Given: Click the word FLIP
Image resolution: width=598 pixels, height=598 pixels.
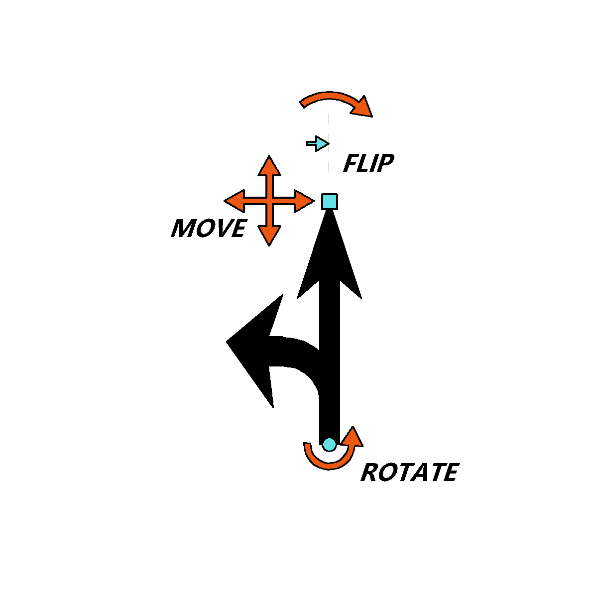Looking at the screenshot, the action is tap(368, 163).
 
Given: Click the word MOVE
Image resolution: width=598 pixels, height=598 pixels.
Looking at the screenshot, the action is tap(209, 228).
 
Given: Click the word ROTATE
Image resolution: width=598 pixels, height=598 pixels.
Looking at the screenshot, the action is tap(410, 472).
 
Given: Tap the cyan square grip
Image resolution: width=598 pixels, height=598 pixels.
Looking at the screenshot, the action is tap(329, 201).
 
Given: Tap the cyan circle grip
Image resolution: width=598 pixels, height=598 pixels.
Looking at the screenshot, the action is tap(329, 444).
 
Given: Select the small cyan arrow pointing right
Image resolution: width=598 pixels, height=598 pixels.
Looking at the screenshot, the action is tap(318, 143).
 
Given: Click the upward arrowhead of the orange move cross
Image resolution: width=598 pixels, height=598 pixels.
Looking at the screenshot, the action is tap(269, 166).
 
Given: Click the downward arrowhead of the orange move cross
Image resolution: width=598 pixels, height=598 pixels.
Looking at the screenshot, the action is tap(269, 237).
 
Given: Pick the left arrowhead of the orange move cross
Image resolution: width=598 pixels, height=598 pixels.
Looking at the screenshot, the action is tap(235, 201).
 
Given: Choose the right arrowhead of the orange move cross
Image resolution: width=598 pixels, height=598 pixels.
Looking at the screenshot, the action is tap(304, 201).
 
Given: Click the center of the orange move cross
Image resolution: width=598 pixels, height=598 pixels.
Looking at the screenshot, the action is tap(269, 201).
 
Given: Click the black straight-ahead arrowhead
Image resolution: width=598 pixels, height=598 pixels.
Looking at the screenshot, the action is tap(329, 254).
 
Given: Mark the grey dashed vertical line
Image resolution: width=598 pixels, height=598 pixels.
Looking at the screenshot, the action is tap(329, 143).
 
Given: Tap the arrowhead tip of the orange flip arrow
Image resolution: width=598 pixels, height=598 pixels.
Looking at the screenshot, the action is tap(372, 117).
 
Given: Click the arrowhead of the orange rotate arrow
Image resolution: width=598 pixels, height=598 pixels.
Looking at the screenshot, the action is tap(352, 437).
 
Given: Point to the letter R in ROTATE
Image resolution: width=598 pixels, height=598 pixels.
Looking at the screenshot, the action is tap(369, 473).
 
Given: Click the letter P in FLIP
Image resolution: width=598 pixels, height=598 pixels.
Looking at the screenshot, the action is tap(385, 163).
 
